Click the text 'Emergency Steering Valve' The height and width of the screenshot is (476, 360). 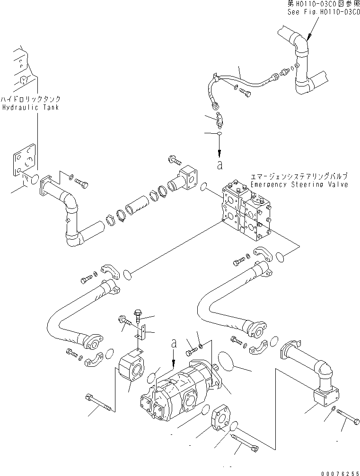click(x=299, y=184)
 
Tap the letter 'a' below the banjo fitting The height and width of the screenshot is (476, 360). click(x=219, y=165)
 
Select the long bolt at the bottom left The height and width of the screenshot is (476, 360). click(x=99, y=402)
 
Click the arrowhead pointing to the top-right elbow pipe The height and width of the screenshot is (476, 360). click(x=307, y=36)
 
